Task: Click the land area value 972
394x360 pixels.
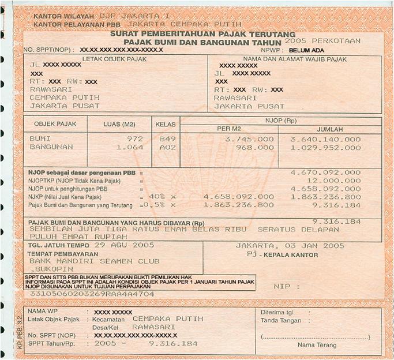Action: [134, 139]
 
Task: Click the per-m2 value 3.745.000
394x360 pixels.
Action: [250, 139]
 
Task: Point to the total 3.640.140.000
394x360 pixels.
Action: [325, 139]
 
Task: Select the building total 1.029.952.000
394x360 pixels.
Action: [325, 147]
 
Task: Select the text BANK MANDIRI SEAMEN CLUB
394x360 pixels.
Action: [95, 261]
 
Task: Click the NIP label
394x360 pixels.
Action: [290, 285]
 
